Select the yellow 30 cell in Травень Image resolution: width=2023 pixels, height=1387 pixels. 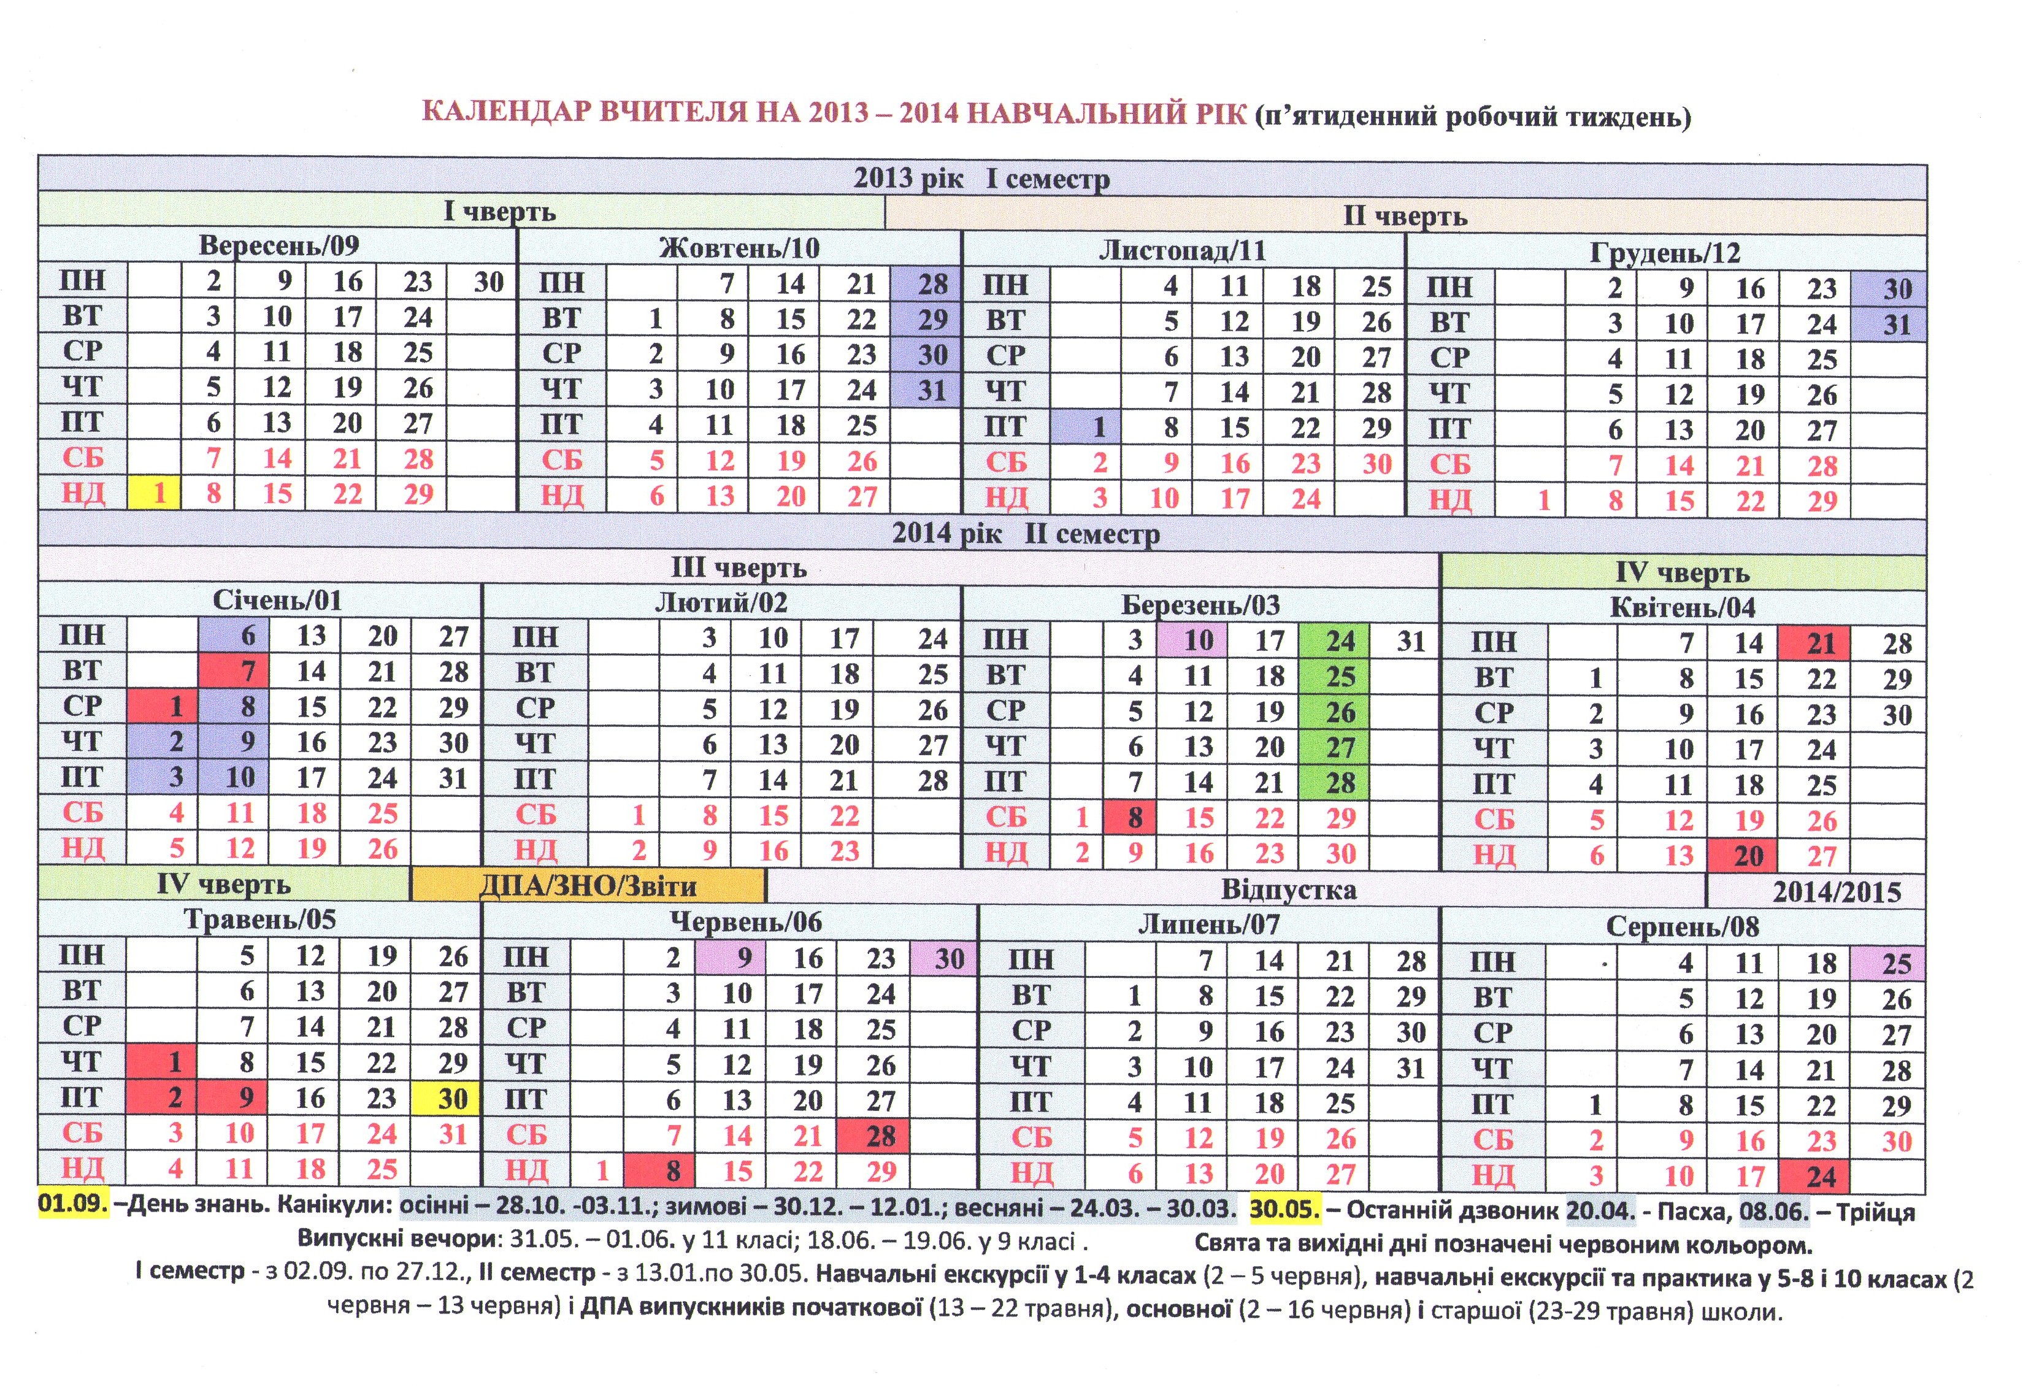[x=447, y=1099]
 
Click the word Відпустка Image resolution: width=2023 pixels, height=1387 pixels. [x=1288, y=890]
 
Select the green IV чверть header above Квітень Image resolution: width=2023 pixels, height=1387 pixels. [x=1682, y=573]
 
